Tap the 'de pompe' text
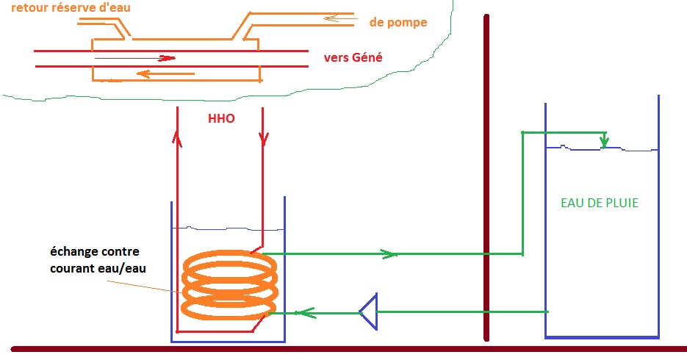pos(398,23)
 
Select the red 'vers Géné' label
pos(353,58)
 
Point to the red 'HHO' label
pos(220,118)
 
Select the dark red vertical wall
pos(486,176)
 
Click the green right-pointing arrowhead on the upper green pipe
pos(387,254)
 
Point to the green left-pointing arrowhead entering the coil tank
pos(302,312)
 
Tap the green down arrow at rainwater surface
pos(603,142)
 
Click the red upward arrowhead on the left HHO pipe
pos(176,137)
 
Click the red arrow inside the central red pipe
pos(165,58)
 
